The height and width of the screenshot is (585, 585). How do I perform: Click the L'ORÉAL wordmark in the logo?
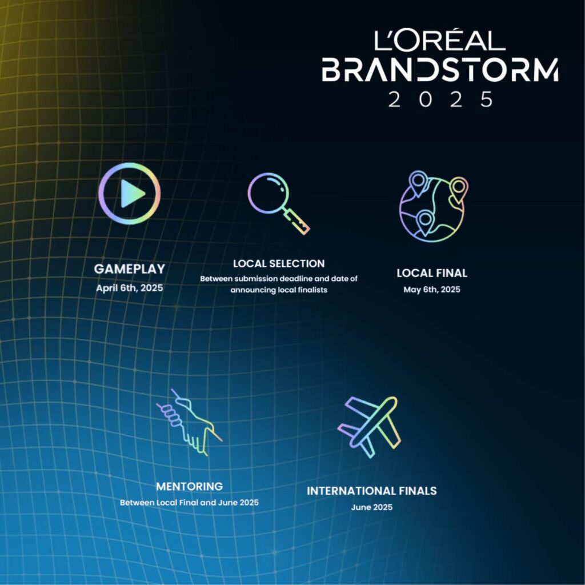[439, 41]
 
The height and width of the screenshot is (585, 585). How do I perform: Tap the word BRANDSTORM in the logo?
[440, 70]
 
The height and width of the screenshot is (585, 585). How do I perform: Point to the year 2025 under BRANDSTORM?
[440, 99]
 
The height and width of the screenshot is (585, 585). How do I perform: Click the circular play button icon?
[130, 193]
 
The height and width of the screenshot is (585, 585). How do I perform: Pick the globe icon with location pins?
[434, 206]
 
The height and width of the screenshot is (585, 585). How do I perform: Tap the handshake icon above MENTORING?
[189, 422]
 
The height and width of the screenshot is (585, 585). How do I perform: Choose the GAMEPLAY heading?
[130, 269]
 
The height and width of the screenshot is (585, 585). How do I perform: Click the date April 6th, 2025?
[130, 288]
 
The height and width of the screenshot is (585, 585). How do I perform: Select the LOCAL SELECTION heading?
[279, 264]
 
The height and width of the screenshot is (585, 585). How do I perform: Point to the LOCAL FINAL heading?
[432, 273]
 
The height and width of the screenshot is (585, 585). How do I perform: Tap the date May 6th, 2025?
[432, 290]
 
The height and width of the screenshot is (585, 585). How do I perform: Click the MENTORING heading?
[189, 487]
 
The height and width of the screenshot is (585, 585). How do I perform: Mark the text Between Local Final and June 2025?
[189, 503]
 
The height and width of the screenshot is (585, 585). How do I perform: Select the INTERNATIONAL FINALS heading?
[371, 491]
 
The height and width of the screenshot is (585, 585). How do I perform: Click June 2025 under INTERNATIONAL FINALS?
[371, 507]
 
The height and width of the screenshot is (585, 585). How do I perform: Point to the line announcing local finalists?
[279, 290]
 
